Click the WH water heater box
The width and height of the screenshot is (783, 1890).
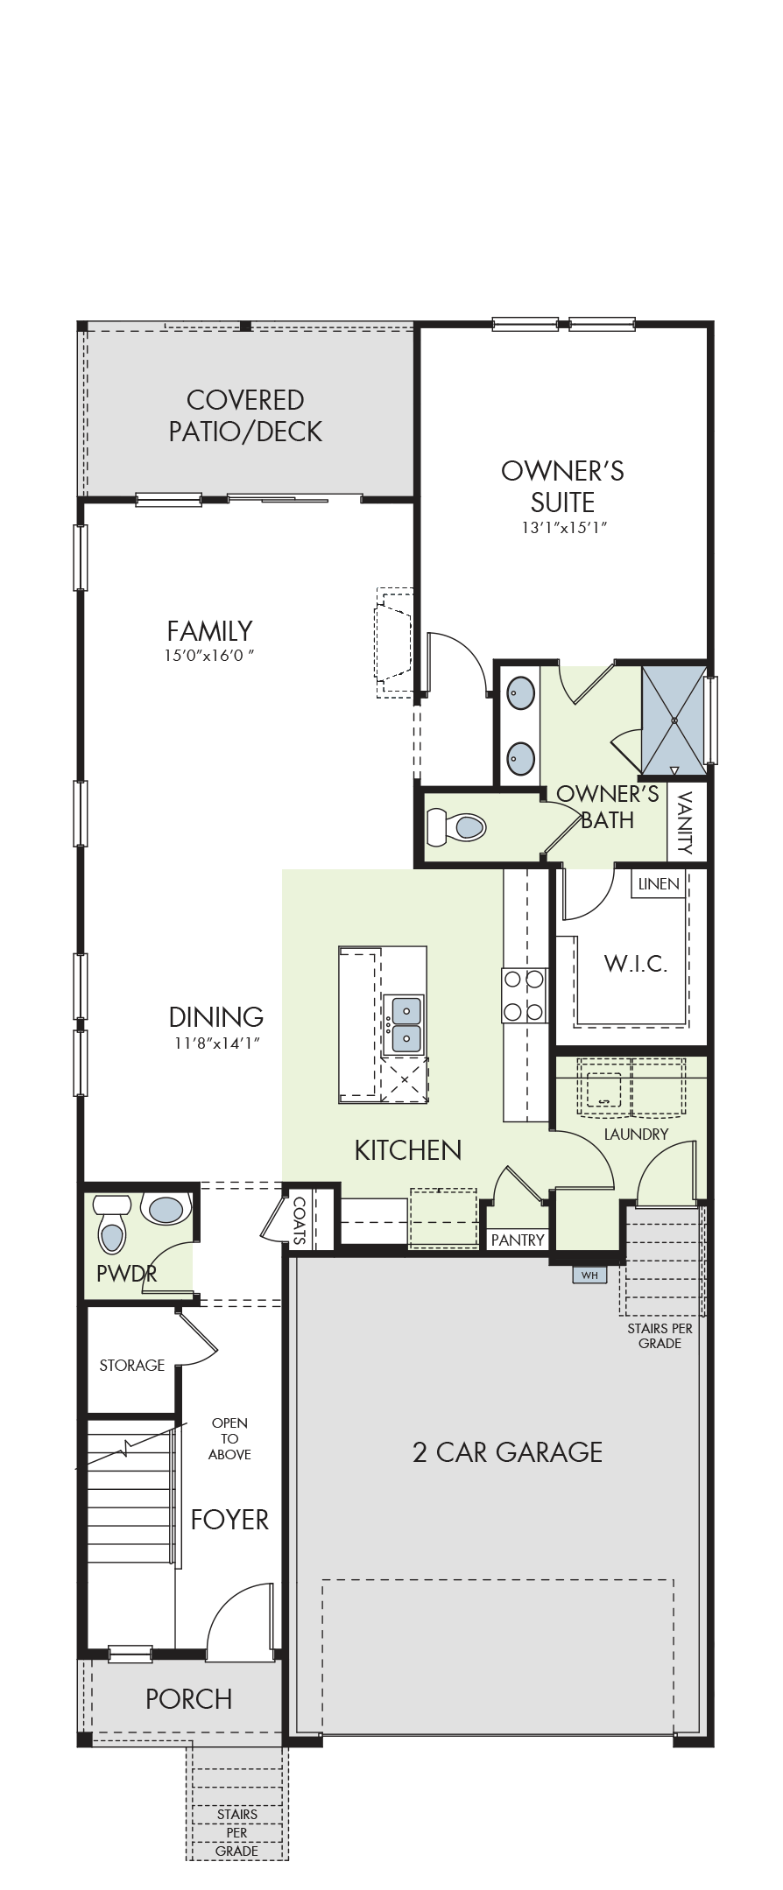point(589,1275)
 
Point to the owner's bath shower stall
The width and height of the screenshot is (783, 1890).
point(674,720)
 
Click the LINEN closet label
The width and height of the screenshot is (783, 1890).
point(659,883)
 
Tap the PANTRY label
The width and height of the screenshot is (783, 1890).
point(518,1240)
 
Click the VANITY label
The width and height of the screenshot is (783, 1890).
point(685,822)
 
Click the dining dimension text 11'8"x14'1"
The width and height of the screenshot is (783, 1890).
point(216,1042)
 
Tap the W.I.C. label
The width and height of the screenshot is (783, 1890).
point(636,964)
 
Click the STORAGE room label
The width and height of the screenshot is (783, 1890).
point(132,1365)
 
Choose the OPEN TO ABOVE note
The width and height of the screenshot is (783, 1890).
point(229,1438)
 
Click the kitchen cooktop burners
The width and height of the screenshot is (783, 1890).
point(524,995)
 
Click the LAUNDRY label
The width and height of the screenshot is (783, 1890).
point(636,1134)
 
